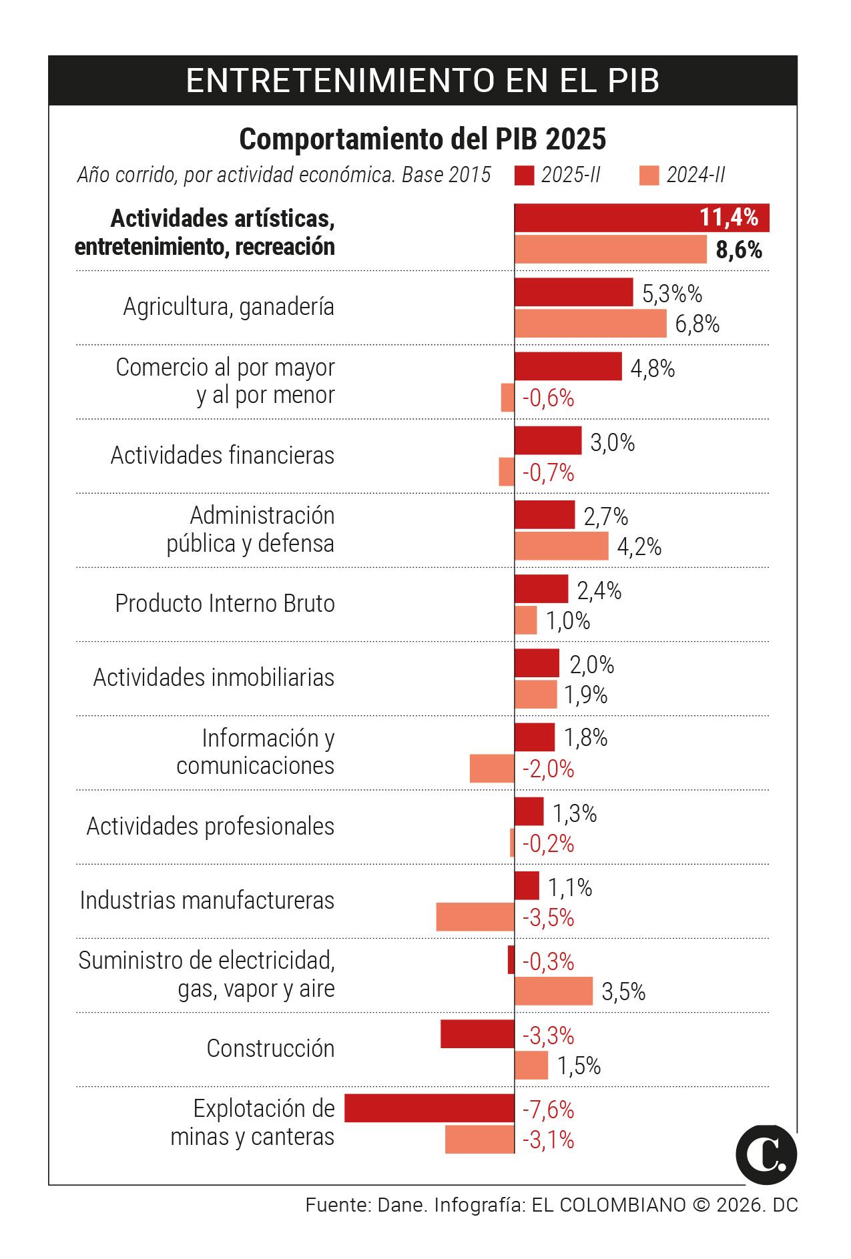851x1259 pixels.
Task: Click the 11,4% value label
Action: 728,218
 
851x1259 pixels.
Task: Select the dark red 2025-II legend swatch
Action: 525,175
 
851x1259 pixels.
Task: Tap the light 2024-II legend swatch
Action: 649,175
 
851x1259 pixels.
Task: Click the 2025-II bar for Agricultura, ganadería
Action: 573,292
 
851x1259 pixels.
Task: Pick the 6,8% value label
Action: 697,324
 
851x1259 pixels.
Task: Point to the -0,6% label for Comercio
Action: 548,398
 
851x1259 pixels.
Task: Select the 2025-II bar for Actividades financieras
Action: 547,440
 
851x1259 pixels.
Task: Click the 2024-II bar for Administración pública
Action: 561,546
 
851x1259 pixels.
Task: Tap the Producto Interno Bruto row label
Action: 224,603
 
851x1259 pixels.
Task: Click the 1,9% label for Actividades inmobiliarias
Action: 585,695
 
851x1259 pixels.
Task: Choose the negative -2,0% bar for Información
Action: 492,769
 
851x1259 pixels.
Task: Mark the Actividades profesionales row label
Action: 210,826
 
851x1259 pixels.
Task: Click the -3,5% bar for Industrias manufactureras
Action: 475,917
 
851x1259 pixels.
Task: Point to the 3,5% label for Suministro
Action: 623,991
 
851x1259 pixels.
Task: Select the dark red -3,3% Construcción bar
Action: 477,1033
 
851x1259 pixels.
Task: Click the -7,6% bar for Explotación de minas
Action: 429,1108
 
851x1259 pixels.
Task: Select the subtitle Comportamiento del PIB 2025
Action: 422,139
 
